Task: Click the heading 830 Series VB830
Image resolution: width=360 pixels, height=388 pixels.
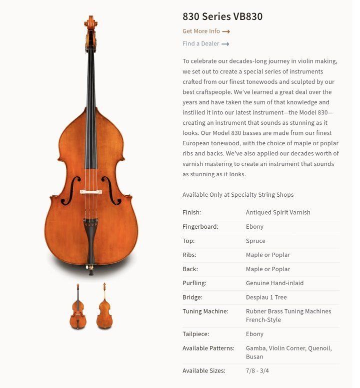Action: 222,17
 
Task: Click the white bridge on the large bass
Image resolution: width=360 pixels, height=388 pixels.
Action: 91,192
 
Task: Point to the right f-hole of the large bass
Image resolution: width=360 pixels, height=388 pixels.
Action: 111,190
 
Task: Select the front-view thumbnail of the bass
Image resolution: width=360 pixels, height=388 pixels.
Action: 77,306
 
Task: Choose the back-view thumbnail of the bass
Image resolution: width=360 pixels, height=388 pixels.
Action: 104,306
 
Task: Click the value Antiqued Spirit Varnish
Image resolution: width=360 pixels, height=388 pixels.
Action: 278,213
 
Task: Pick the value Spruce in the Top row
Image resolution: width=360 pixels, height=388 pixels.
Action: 255,241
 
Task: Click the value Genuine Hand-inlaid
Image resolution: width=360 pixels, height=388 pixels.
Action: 274,283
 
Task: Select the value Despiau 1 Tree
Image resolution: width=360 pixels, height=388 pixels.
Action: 266,297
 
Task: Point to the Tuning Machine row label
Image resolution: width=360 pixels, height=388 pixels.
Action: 205,311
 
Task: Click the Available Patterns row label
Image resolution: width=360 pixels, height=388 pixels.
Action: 208,348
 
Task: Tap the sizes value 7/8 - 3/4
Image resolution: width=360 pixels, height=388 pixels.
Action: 257,371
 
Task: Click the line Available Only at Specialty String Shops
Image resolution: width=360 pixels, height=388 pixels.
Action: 238,195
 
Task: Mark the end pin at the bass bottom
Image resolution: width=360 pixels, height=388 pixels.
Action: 91,272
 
